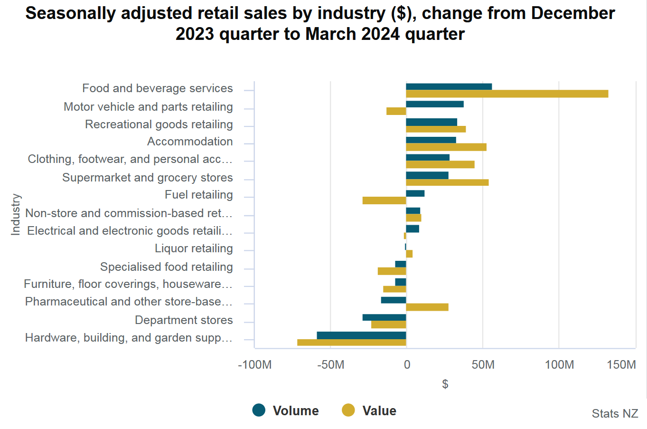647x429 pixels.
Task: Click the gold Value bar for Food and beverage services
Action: point(507,94)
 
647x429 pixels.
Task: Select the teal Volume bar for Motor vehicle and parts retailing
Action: point(435,104)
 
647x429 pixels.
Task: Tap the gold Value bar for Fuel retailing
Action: point(384,200)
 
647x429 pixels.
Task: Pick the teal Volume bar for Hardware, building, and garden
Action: point(362,335)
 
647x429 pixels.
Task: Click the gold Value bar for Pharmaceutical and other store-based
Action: point(427,307)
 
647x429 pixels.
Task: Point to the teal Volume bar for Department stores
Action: point(384,317)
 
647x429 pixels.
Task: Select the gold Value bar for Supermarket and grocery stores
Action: point(447,182)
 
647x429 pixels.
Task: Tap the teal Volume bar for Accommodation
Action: point(431,140)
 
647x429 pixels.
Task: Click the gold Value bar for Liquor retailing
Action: point(409,254)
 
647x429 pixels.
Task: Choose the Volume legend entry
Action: point(286,410)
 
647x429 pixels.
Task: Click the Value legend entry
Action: point(369,410)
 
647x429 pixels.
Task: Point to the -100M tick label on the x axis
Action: point(255,365)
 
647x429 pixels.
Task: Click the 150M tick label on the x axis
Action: point(621,365)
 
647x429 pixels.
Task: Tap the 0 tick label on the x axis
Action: point(407,365)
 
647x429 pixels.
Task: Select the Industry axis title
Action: point(16,214)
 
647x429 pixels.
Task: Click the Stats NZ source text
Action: point(615,413)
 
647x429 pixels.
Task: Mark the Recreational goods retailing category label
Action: point(159,124)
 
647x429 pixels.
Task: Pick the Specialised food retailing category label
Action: point(167,267)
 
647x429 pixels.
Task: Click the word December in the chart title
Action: point(573,13)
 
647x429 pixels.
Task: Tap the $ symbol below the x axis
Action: point(445,384)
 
